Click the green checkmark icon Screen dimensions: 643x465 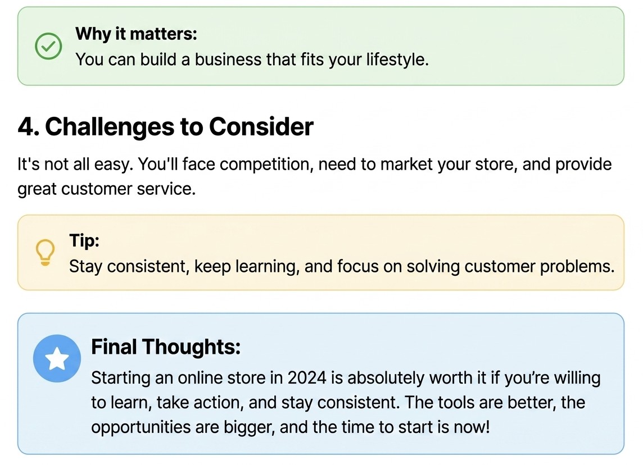[x=48, y=46]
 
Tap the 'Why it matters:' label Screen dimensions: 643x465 [x=136, y=34]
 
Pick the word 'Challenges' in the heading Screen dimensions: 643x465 [x=109, y=126]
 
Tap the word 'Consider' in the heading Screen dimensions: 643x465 [x=261, y=126]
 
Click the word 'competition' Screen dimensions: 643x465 [x=266, y=165]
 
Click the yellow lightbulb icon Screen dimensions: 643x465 [x=45, y=252]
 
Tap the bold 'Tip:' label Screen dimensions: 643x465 [x=84, y=240]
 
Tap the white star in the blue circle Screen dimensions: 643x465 [x=57, y=358]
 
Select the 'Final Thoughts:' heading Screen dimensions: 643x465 [x=166, y=347]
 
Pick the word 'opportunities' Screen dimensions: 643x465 [x=141, y=427]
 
